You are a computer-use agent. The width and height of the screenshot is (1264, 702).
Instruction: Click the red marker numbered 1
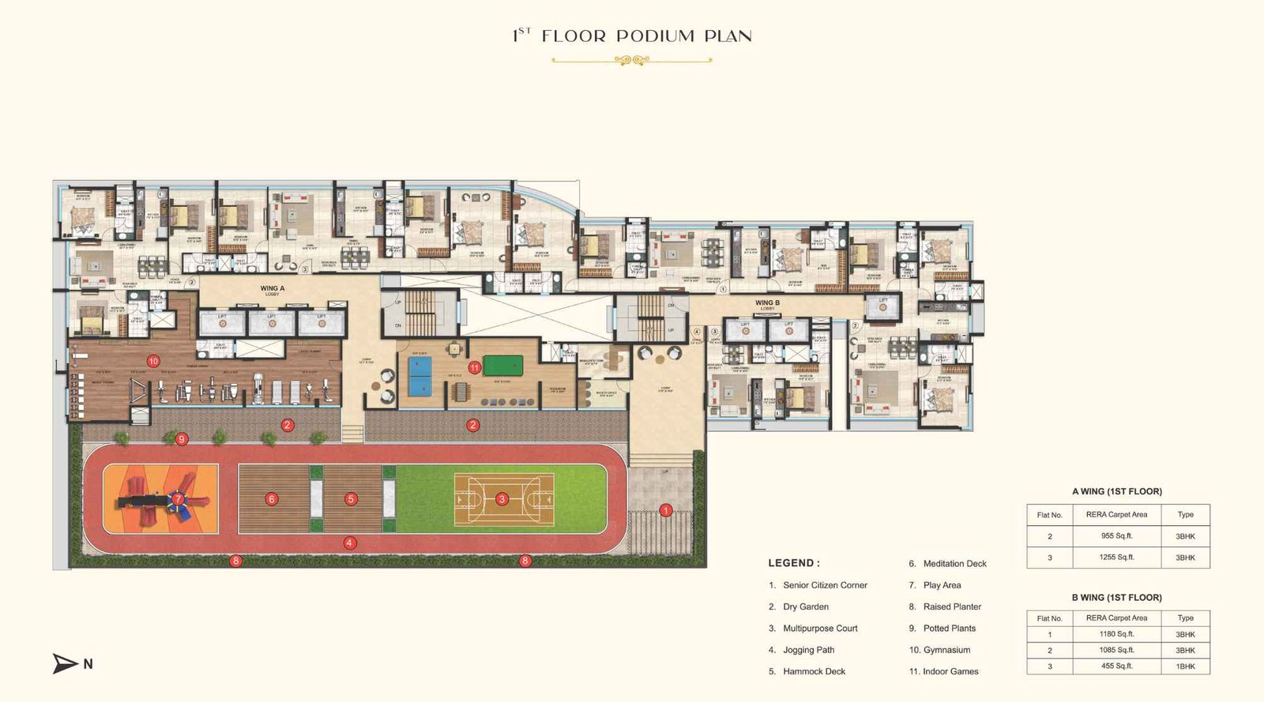pos(665,510)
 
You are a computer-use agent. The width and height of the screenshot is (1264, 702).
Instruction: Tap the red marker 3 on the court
pos(502,499)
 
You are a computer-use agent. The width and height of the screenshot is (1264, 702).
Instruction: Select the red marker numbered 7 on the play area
pos(179,499)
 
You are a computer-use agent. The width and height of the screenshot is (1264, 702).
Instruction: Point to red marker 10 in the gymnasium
pos(153,361)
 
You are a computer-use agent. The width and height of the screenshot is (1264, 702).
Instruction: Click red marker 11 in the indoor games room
pos(474,367)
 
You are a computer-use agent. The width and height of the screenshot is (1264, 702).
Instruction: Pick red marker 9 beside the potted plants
pos(182,439)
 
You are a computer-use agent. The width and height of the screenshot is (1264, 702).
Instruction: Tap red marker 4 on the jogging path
pos(350,542)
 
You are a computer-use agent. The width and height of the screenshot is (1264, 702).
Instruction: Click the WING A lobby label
pos(272,289)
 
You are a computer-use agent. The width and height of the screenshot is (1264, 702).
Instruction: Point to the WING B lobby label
pos(767,303)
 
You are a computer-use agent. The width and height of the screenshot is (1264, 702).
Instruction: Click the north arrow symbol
pos(66,663)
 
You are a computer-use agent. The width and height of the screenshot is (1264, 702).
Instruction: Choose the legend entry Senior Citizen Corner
pos(825,585)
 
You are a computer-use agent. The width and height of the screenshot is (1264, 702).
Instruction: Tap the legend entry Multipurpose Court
pos(820,629)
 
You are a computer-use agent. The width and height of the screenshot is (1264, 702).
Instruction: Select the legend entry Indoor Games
pos(950,671)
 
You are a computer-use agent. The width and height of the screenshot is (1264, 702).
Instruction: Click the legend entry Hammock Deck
pos(814,671)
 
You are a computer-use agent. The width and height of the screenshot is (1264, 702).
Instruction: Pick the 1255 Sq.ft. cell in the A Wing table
pos(1116,557)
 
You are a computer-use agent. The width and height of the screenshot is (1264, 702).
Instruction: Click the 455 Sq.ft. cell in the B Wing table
pos(1116,666)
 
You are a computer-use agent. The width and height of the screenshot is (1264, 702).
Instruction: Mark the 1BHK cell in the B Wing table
pos(1185,666)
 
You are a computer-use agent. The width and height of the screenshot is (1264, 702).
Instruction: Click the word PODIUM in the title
pos(655,36)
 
